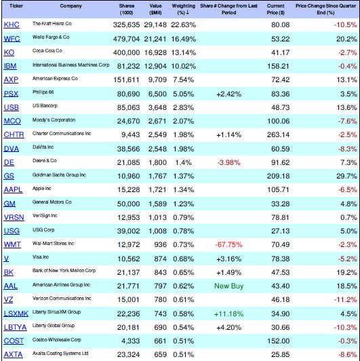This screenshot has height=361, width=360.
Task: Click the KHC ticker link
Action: click(12, 25)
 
